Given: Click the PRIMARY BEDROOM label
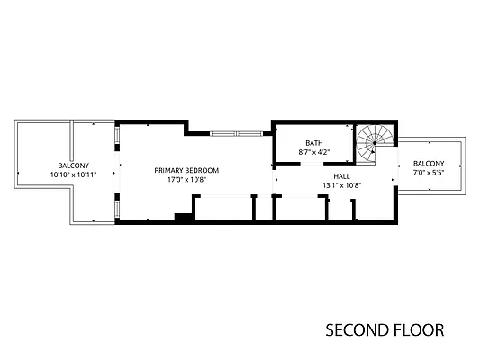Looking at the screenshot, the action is (x=186, y=170).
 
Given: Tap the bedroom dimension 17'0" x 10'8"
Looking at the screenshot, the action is (x=186, y=179).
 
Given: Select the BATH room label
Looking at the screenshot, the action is (x=314, y=143).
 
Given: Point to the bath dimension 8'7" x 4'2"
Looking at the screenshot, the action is (x=314, y=152).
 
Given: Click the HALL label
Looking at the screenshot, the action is (x=341, y=176).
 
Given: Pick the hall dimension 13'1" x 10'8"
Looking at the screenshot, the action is (x=342, y=185).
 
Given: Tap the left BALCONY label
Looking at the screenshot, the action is (x=74, y=166).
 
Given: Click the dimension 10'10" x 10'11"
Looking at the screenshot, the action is (x=74, y=175).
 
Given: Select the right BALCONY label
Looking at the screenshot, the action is (x=429, y=163).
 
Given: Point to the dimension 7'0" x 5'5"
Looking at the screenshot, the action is (x=429, y=172).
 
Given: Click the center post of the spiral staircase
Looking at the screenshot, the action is (x=375, y=143).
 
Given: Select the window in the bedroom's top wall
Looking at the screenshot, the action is (x=236, y=133).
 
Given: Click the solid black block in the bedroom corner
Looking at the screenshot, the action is (x=184, y=217).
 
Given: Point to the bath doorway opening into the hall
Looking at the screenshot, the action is (x=312, y=164).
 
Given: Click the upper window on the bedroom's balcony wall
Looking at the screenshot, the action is (x=117, y=135).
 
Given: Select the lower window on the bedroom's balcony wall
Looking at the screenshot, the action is (x=117, y=208).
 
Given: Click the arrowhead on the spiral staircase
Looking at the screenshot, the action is (x=372, y=151).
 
